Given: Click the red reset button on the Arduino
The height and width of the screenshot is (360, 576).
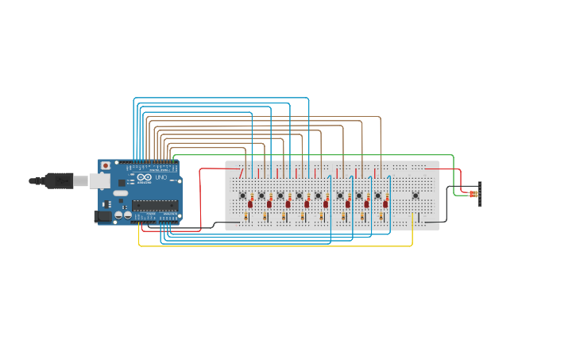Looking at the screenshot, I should click(105, 165).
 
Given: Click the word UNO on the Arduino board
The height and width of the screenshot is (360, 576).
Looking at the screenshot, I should click(160, 177).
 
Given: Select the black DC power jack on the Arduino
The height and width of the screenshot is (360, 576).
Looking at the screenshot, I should click(102, 215).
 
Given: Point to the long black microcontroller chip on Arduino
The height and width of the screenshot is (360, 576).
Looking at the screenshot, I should click(155, 205).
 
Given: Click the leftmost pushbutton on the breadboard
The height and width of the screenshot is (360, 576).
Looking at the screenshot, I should click(242, 195).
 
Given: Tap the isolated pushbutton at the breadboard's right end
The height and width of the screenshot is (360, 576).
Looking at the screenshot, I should click(415, 195).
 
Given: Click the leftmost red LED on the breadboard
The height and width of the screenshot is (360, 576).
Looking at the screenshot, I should click(250, 204).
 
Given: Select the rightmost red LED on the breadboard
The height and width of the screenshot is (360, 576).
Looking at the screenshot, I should click(385, 204).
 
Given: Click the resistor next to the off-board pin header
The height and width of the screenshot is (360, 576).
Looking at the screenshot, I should click(474, 194).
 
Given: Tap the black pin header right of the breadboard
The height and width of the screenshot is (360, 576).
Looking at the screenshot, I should click(480, 194).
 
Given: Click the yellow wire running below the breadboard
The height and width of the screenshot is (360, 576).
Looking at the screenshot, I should click(278, 246).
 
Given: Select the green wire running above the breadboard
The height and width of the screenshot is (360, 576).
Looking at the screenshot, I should click(318, 155).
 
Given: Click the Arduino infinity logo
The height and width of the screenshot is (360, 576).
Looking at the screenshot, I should click(145, 177).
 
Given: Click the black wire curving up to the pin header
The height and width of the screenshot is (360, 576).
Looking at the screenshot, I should click(446, 207).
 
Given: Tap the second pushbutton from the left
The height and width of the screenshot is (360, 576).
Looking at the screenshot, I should click(261, 195).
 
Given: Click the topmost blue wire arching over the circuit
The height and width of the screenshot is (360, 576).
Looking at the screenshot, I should click(222, 98).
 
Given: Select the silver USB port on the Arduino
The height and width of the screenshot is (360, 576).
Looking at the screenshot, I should click(99, 181).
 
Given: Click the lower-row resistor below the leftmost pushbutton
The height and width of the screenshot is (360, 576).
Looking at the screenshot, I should click(246, 216).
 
